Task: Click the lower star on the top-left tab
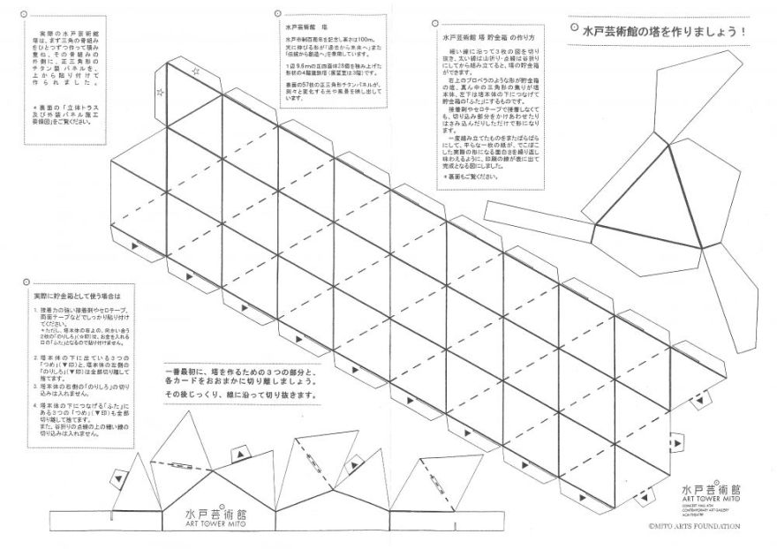point(160,90)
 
